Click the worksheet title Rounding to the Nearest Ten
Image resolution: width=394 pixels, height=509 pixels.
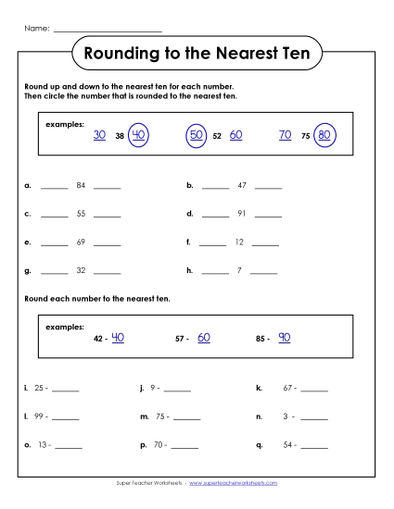[197, 54]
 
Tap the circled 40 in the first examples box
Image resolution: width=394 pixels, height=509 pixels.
[139, 135]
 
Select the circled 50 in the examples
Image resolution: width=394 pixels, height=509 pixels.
[197, 135]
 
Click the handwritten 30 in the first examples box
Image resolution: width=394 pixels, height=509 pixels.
[100, 135]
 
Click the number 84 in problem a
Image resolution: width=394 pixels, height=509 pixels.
[81, 185]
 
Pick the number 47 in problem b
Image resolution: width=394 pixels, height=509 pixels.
[242, 185]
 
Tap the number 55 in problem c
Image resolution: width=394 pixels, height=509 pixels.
[81, 214]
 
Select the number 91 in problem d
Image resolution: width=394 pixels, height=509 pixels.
[242, 214]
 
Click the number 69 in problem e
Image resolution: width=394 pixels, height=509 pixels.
[81, 242]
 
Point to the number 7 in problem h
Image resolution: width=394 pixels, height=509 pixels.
[239, 271]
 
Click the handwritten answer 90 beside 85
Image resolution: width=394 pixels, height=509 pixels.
[284, 338]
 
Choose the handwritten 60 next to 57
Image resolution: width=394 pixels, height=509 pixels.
[204, 338]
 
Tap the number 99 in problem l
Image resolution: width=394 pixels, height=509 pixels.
[40, 417]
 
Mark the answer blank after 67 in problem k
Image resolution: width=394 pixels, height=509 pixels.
[314, 390]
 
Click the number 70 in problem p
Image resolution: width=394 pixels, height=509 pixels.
[159, 445]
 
